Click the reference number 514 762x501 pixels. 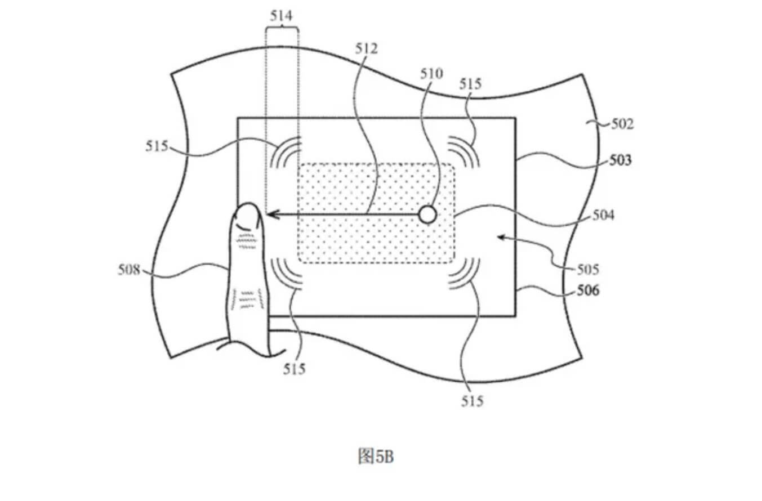(x=282, y=16)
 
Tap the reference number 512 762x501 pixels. (x=366, y=48)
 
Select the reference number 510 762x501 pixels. (x=431, y=74)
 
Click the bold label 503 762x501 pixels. (x=620, y=160)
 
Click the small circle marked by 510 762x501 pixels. (x=427, y=214)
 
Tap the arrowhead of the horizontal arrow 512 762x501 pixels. (x=271, y=214)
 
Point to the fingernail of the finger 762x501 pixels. (x=247, y=215)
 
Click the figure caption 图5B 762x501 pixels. (x=376, y=455)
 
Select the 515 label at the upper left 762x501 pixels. (x=157, y=146)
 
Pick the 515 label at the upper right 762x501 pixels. (x=471, y=84)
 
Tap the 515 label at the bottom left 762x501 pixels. (x=295, y=369)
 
